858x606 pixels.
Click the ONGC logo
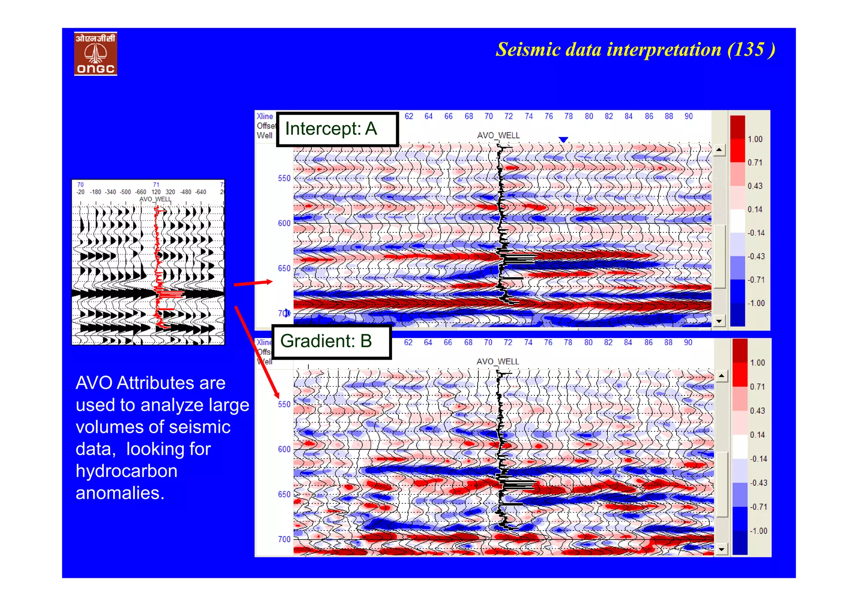96,54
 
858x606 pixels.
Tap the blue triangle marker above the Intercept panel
563,139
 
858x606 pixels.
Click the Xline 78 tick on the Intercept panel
568,116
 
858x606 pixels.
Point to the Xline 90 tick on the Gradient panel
688,343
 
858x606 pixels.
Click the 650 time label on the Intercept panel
284,268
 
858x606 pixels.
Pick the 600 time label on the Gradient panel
284,449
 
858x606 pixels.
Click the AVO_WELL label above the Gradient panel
498,361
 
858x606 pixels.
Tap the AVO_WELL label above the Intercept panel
498,135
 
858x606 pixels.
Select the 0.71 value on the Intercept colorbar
755,162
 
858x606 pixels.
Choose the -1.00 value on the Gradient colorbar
758,531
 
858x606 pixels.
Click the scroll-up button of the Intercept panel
719,150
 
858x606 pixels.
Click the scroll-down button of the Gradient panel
721,549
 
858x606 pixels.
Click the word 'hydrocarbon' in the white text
126,471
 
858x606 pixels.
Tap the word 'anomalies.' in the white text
120,493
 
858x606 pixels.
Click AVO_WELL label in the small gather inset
155,199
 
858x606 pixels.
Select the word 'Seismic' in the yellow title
528,50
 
